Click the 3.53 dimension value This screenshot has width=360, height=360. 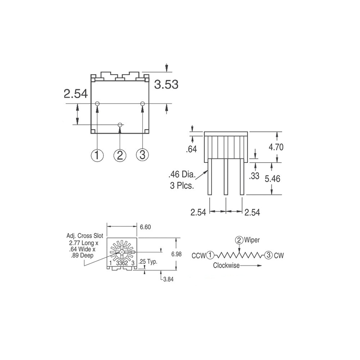[x=166, y=84]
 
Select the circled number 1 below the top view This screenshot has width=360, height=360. [x=97, y=155]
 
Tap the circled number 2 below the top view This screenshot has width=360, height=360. [x=120, y=155]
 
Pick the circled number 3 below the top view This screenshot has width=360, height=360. [x=142, y=154]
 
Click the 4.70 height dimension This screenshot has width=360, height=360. [x=276, y=147]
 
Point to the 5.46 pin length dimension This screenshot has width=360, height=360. [x=273, y=179]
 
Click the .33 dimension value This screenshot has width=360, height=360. [x=254, y=176]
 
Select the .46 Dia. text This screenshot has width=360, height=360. [x=182, y=175]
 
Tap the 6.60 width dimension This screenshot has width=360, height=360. [x=145, y=227]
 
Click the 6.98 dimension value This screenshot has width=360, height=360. [x=176, y=254]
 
